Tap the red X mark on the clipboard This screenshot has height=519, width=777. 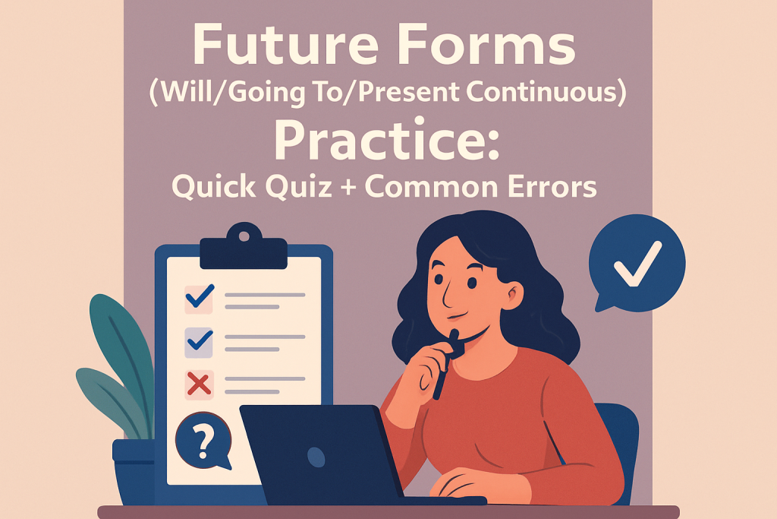pos(199,385)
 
